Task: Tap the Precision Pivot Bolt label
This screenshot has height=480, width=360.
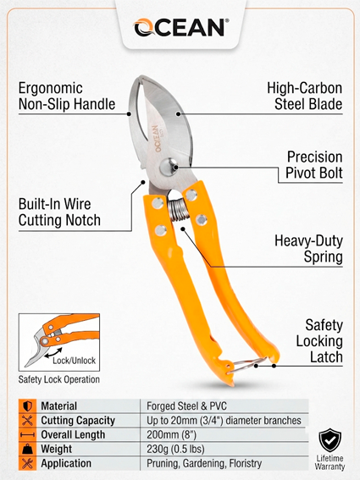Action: [x=314, y=165]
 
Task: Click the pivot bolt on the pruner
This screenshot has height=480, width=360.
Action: [x=169, y=167]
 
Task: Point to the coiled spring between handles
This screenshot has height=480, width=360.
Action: [x=176, y=210]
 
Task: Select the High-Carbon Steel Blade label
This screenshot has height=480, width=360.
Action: [x=305, y=97]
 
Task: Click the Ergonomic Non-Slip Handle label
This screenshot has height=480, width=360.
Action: [x=67, y=97]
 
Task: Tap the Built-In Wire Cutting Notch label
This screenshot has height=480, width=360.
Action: [x=59, y=212]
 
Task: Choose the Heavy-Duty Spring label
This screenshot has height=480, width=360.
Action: [x=308, y=249]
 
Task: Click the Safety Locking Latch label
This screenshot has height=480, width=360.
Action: [x=319, y=341]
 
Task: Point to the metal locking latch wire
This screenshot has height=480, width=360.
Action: [x=245, y=366]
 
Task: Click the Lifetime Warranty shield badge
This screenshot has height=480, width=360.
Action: [x=330, y=440]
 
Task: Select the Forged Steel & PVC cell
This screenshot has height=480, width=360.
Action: [x=186, y=406]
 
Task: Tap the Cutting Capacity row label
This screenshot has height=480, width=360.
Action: [x=78, y=421]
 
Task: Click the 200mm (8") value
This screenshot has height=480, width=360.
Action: [x=171, y=434]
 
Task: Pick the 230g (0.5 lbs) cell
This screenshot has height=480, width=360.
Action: [x=175, y=449]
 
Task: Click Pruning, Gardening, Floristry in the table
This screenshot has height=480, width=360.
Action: [x=204, y=463]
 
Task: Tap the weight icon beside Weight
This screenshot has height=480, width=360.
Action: [x=27, y=449]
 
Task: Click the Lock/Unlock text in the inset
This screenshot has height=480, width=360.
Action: [x=75, y=361]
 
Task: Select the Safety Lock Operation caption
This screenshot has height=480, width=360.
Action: [x=58, y=379]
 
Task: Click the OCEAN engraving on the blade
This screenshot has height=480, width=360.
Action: [x=158, y=138]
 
